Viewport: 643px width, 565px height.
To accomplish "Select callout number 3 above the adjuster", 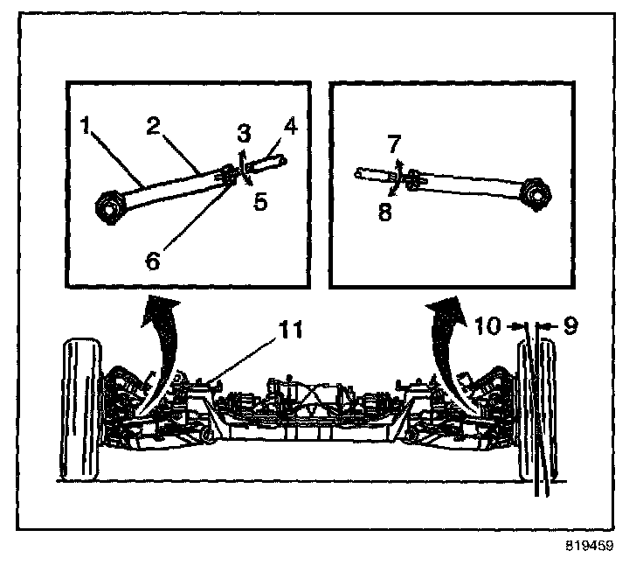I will click(245, 133).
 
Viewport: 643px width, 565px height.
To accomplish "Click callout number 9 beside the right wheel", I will click(570, 326).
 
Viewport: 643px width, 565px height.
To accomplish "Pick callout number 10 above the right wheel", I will click(489, 326).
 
